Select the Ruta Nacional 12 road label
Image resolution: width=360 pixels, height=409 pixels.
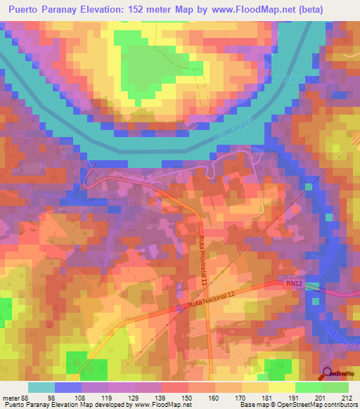tap(219, 301)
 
